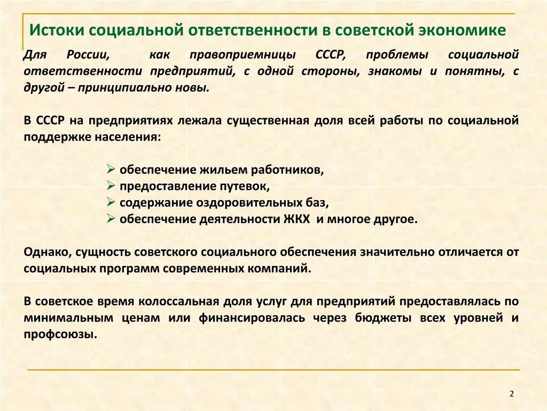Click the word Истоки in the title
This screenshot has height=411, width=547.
pos(57,30)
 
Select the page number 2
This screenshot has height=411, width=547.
pos(511,394)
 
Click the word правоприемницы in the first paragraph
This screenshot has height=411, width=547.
pos(241,55)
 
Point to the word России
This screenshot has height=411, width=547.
pos(89,55)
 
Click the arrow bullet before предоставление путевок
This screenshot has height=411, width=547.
pos(111,186)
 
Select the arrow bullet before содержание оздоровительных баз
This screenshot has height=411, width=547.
pos(111,203)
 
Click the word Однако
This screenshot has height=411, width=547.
pos(47,252)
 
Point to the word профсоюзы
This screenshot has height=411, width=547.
pos(59,334)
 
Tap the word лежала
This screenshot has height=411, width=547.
pos(203,120)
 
